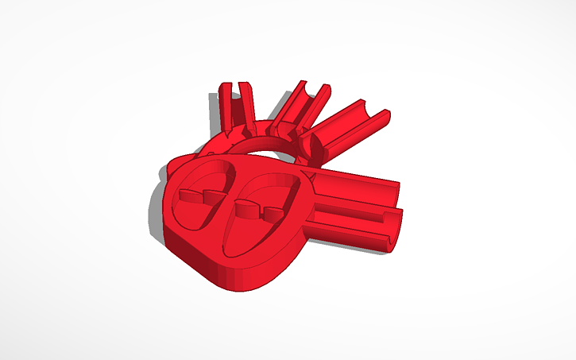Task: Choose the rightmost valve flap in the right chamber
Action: point(273,213)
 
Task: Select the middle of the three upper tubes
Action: point(298,107)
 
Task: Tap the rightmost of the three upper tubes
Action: point(350,127)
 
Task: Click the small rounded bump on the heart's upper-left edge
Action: point(176,164)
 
